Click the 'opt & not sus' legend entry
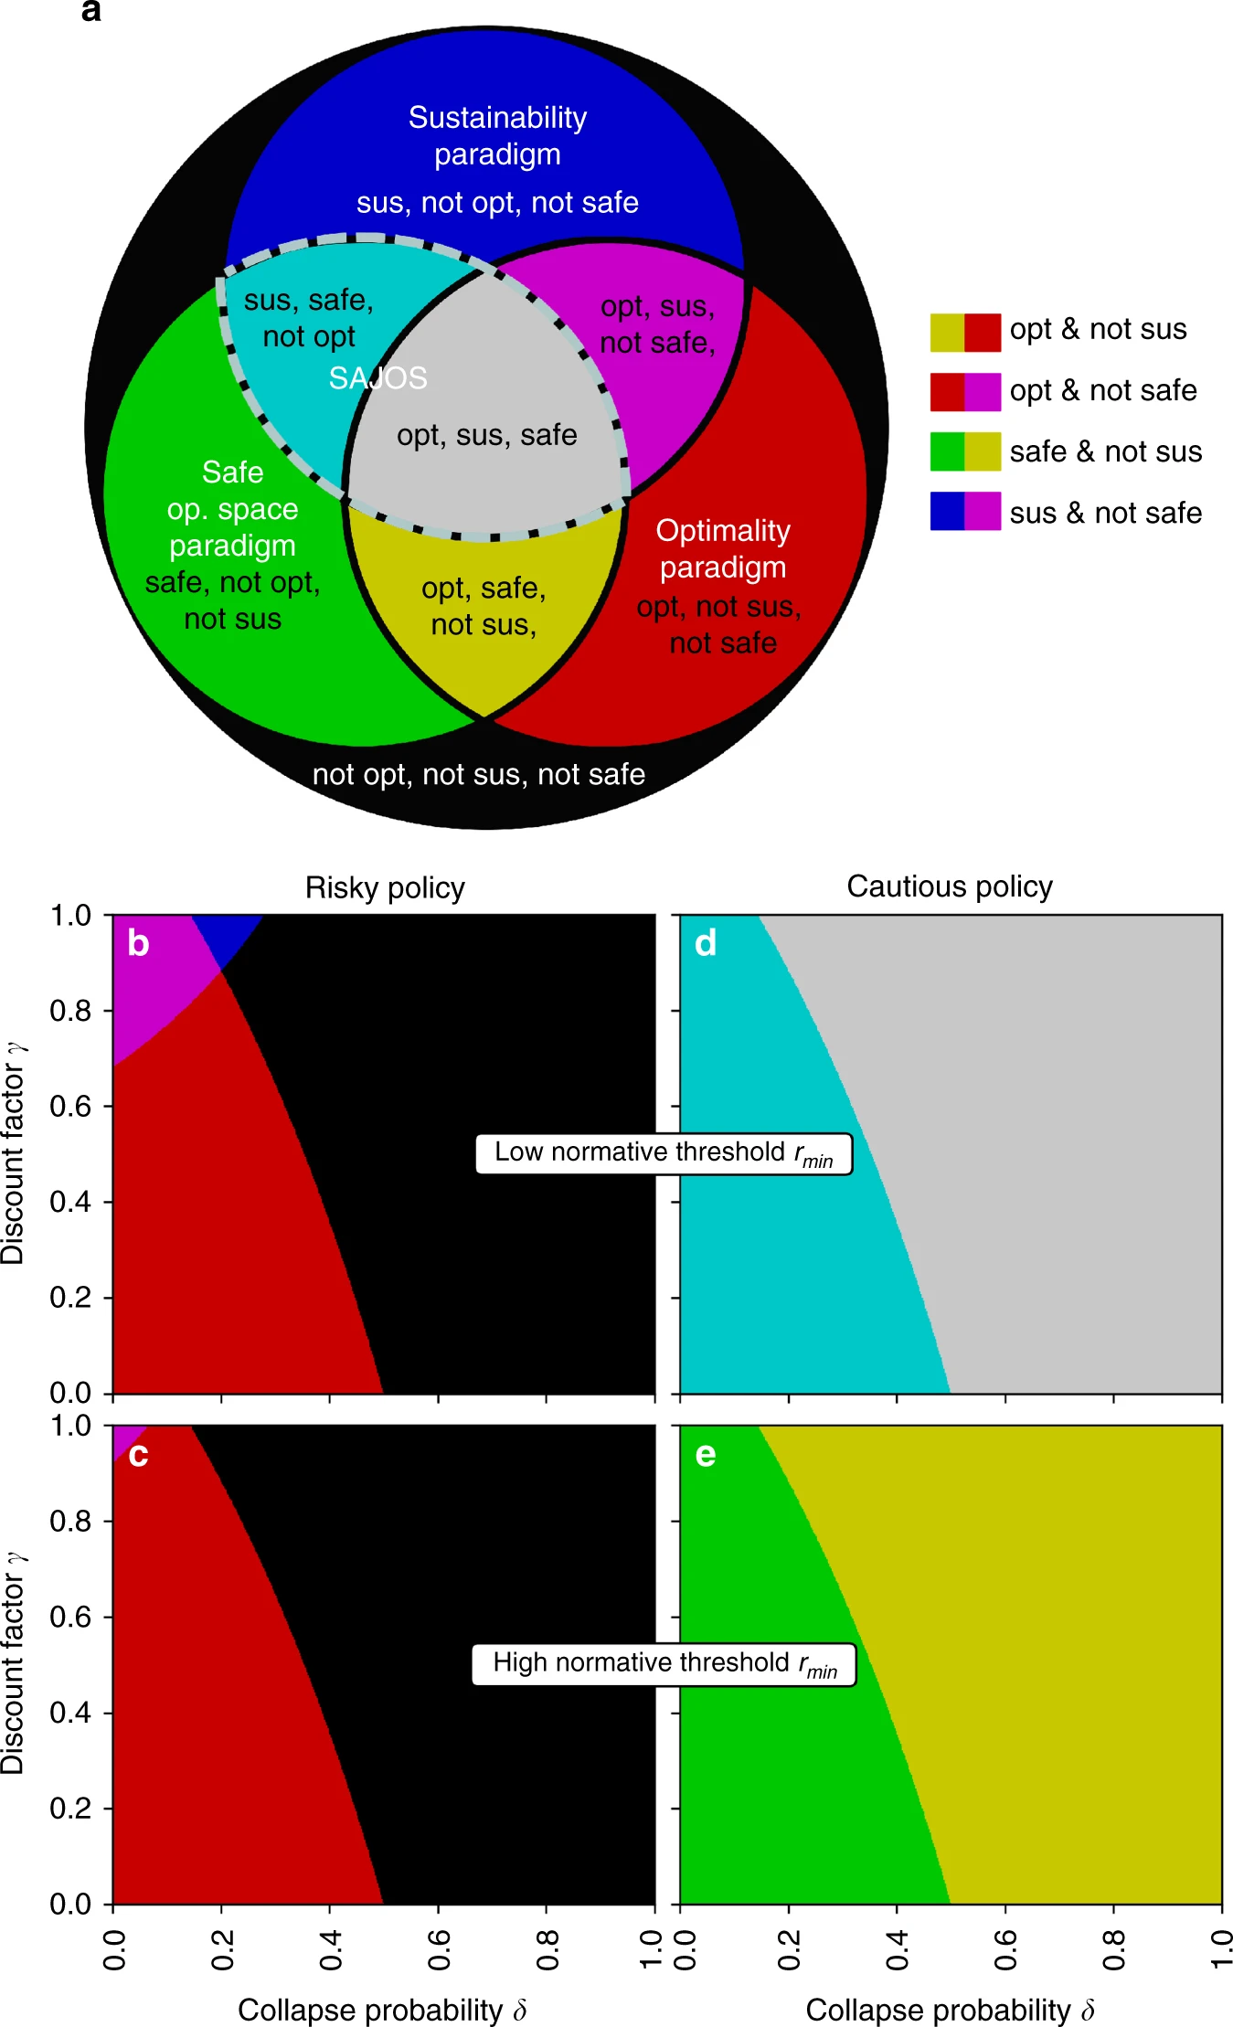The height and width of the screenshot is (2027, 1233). pos(1097,330)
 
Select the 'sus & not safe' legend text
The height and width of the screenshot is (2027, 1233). pos(1105,514)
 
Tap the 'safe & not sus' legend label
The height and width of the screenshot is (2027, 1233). pos(1105,452)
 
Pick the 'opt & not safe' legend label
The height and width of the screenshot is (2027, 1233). pos(1102,391)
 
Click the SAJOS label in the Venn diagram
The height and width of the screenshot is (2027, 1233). pos(377,378)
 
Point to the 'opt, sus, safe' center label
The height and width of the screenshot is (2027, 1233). pos(486,436)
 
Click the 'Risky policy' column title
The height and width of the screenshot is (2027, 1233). pos(385,888)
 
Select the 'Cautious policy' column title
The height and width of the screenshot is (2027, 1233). pos(950,886)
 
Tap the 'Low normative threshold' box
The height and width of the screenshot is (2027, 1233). pos(664,1153)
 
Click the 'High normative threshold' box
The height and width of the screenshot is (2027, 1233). pos(664,1664)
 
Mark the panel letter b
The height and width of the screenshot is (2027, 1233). pos(138,944)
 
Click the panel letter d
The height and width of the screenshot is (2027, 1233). pos(705,944)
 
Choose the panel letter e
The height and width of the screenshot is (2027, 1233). pos(705,1455)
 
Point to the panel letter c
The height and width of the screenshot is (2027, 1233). pos(138,1455)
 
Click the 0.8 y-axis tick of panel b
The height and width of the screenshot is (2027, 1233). pos(70,1011)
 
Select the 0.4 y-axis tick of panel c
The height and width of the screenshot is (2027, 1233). pos(70,1713)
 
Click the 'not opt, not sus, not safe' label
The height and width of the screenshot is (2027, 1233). pos(479,775)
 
